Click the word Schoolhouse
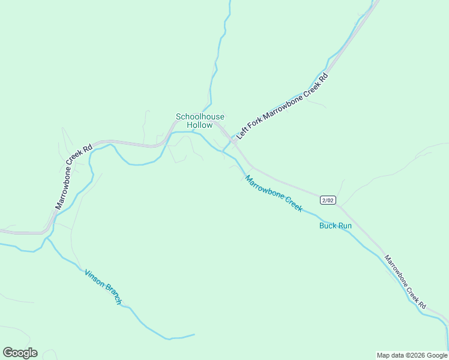[200, 116]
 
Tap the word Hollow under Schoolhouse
[200, 125]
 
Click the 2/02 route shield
[327, 200]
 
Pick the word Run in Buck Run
[345, 226]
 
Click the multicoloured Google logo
[20, 353]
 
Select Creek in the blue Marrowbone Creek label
[292, 204]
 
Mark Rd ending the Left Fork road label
[324, 77]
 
